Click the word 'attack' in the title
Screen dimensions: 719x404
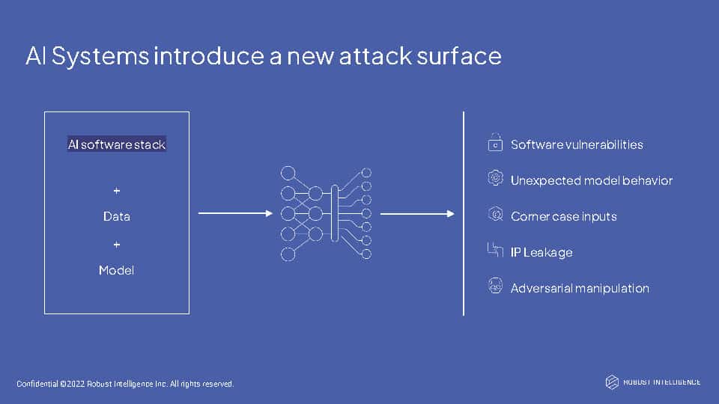pyautogui.click(x=375, y=56)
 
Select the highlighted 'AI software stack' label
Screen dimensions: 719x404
pyautogui.click(x=117, y=144)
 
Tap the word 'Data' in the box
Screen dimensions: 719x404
pyautogui.click(x=117, y=216)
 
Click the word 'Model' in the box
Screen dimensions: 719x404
pyautogui.click(x=117, y=270)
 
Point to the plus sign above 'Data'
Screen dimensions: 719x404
pyautogui.click(x=117, y=191)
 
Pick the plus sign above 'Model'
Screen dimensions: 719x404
pyautogui.click(x=117, y=245)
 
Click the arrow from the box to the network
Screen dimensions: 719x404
pyautogui.click(x=235, y=213)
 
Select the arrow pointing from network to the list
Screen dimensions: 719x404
pyautogui.click(x=417, y=213)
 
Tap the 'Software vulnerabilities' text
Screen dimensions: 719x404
pyautogui.click(x=577, y=144)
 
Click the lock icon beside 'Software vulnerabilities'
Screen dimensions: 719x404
pyautogui.click(x=495, y=142)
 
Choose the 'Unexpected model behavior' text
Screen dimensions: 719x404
pyautogui.click(x=592, y=180)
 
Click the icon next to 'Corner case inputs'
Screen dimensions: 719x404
pyautogui.click(x=495, y=214)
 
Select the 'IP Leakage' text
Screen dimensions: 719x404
pyautogui.click(x=541, y=252)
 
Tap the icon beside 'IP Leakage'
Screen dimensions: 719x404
pyautogui.click(x=495, y=250)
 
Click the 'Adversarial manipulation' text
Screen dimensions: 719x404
pyautogui.click(x=580, y=288)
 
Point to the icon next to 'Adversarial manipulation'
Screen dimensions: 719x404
pyautogui.click(x=495, y=285)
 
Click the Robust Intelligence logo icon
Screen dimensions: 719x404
pyautogui.click(x=612, y=382)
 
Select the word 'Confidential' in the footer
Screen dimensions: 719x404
pyautogui.click(x=37, y=384)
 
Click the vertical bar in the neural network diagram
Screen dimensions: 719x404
pyautogui.click(x=335, y=213)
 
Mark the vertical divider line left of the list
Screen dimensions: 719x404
pyautogui.click(x=464, y=213)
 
